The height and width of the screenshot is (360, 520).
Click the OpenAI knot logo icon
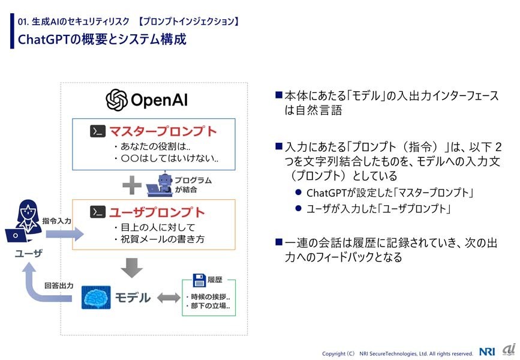(x=116, y=100)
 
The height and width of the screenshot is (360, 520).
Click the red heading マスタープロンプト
(x=163, y=131)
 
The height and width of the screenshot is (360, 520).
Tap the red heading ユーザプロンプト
(x=157, y=212)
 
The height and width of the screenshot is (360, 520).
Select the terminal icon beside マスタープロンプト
(x=98, y=131)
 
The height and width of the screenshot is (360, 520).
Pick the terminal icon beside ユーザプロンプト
(x=98, y=212)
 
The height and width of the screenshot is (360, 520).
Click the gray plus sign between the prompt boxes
(x=132, y=185)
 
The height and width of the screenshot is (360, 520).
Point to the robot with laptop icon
(x=160, y=184)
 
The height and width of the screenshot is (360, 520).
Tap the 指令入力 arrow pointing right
(x=65, y=234)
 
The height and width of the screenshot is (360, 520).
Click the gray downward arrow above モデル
(x=132, y=268)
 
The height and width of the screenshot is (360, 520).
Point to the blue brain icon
(x=96, y=297)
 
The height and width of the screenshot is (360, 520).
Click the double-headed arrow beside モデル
(x=169, y=298)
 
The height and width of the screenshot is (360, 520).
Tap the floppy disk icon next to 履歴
(x=199, y=280)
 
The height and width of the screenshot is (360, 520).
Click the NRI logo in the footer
(x=487, y=352)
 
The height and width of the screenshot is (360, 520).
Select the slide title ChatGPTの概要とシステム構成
(x=102, y=39)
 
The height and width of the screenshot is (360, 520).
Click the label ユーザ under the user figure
(x=29, y=253)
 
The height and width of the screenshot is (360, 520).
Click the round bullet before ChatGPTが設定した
(x=298, y=192)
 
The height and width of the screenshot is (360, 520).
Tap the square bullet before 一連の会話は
(x=279, y=242)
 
